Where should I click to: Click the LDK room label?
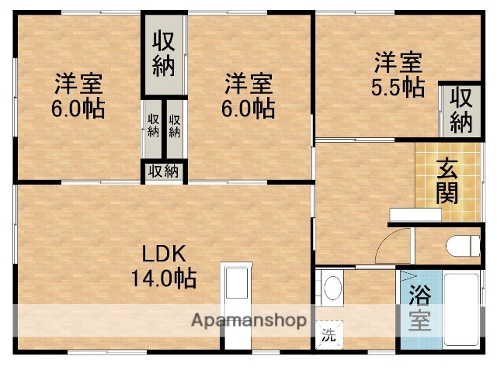[163, 254]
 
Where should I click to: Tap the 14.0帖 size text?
[163, 277]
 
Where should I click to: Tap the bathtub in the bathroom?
[463, 309]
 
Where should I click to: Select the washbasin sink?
[333, 288]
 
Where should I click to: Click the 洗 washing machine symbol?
[329, 335]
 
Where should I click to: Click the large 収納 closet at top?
[162, 54]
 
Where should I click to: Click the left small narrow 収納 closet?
[153, 125]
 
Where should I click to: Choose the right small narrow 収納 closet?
[174, 125]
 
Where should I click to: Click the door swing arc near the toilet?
[396, 241]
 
